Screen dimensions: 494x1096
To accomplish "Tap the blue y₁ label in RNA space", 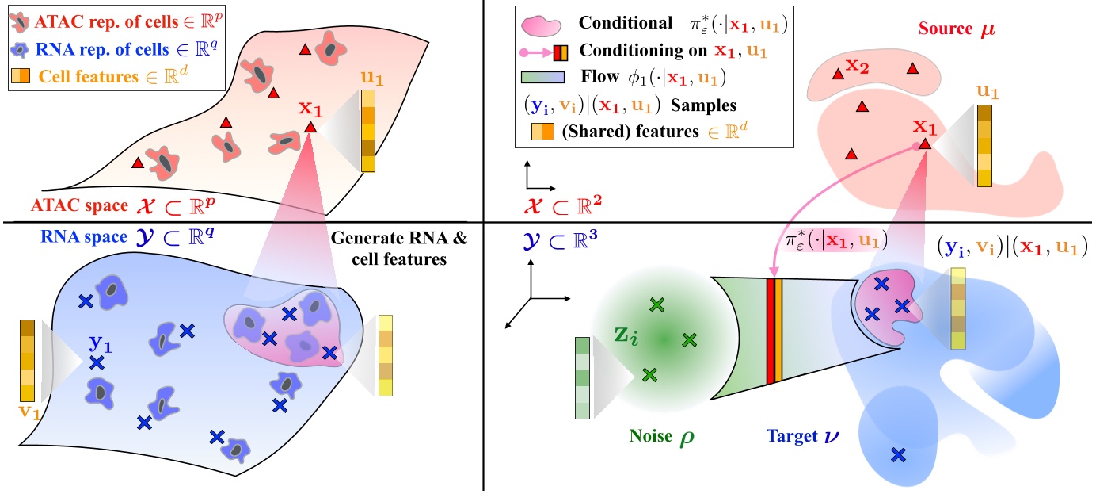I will (x=99, y=343).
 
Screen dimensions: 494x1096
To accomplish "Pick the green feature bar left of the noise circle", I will (x=582, y=377).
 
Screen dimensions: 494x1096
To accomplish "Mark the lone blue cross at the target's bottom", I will (x=898, y=454).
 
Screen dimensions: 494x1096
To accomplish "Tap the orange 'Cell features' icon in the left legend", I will (x=22, y=77).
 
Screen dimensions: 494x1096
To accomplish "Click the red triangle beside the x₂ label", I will (x=836, y=75).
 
